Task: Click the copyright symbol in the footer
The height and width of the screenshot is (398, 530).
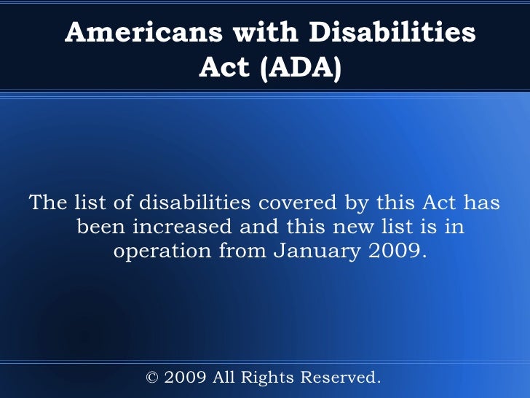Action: pyautogui.click(x=152, y=378)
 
